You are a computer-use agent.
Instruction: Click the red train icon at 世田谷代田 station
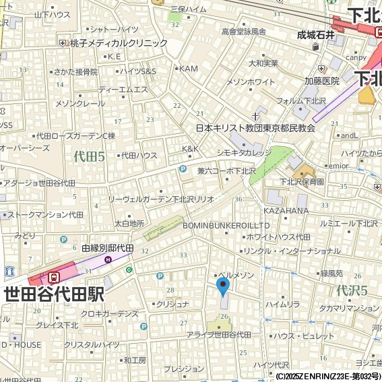(54, 276)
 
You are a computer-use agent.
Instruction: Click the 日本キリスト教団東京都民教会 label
(255, 127)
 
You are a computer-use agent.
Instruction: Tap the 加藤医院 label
(321, 81)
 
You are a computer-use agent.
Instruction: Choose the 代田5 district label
(89, 157)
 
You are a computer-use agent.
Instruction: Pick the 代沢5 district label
(351, 291)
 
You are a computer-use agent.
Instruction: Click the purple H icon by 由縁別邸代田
(108, 259)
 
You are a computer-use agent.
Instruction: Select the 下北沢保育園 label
(302, 182)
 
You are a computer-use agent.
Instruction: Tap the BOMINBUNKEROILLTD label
(227, 225)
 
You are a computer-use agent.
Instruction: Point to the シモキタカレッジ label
(243, 153)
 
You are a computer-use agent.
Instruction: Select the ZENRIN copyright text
(328, 376)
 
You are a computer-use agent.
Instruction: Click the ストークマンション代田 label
(46, 214)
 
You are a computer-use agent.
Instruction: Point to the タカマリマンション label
(349, 308)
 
